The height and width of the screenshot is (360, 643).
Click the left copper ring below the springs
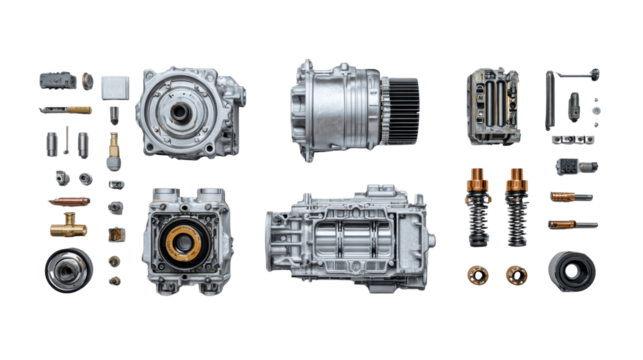point(477,272)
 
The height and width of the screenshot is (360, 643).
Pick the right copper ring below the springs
point(515,272)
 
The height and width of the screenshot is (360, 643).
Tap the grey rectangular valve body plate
point(494,101)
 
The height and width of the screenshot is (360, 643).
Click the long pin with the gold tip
point(65,109)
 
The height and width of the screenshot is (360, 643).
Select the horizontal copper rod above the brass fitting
point(67,201)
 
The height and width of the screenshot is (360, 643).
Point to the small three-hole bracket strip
point(574,139)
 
